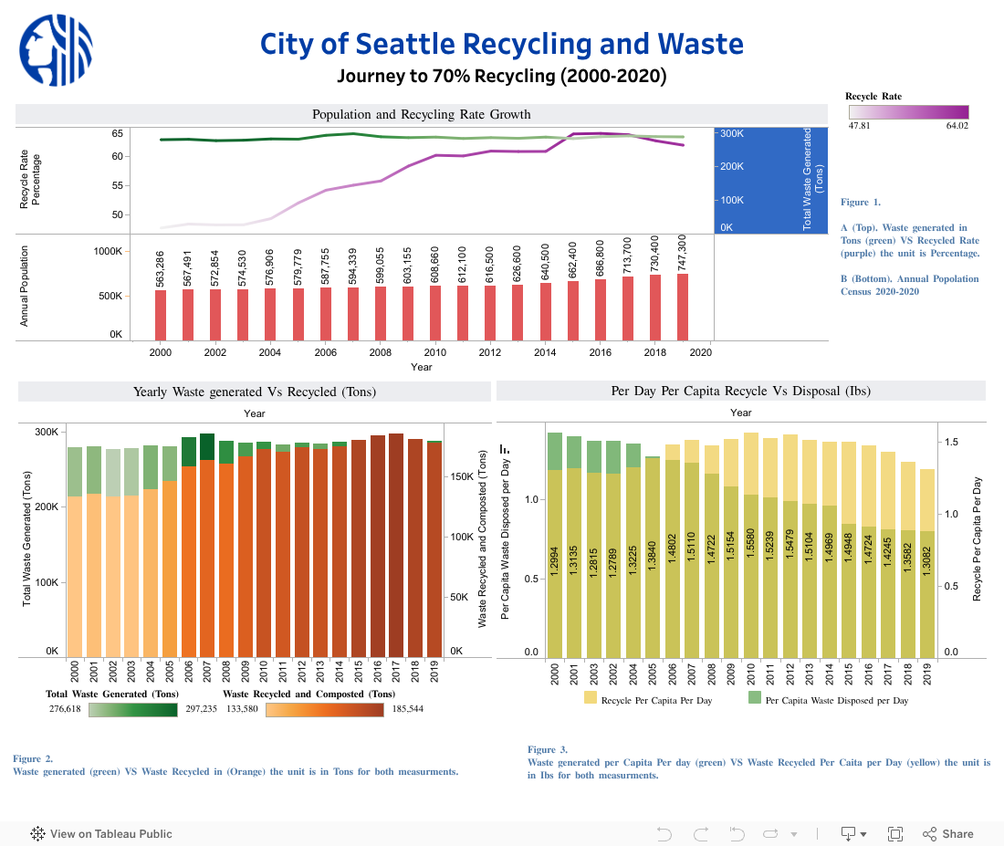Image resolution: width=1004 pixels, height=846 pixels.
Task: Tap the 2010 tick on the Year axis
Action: pyautogui.click(x=434, y=352)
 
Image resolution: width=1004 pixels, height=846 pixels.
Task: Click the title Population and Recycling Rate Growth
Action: pyautogui.click(x=421, y=114)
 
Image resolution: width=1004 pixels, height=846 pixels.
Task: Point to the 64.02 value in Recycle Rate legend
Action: pyautogui.click(x=957, y=126)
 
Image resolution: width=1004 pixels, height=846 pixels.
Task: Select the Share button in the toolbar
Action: pyautogui.click(x=948, y=833)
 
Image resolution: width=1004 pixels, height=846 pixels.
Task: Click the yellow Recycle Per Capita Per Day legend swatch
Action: pyautogui.click(x=590, y=699)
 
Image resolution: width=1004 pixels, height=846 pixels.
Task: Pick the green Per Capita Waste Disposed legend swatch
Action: pyautogui.click(x=754, y=699)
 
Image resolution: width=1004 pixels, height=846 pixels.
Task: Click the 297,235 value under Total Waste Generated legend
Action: pyautogui.click(x=201, y=708)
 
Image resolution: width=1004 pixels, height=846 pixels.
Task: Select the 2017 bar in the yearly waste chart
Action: pyautogui.click(x=395, y=544)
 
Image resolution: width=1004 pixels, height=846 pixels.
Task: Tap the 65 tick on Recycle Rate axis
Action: pyautogui.click(x=118, y=133)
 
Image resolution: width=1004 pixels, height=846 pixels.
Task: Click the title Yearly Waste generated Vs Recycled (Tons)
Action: pyautogui.click(x=255, y=392)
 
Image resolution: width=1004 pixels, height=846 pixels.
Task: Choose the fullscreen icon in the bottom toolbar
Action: pyautogui.click(x=895, y=833)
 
